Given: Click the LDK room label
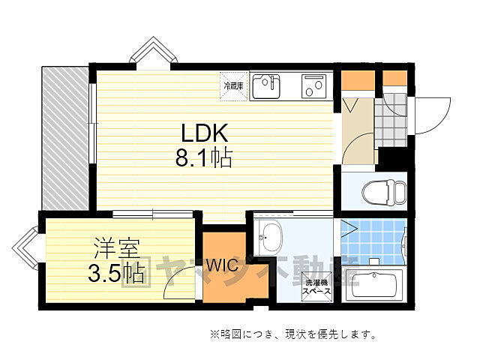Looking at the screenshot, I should coord(202,133).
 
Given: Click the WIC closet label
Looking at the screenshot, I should coord(223,265).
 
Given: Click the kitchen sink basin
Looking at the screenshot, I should coord(265,88).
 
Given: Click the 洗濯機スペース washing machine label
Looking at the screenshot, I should coord(316,289).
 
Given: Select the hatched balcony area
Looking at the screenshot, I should coord(65,138).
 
